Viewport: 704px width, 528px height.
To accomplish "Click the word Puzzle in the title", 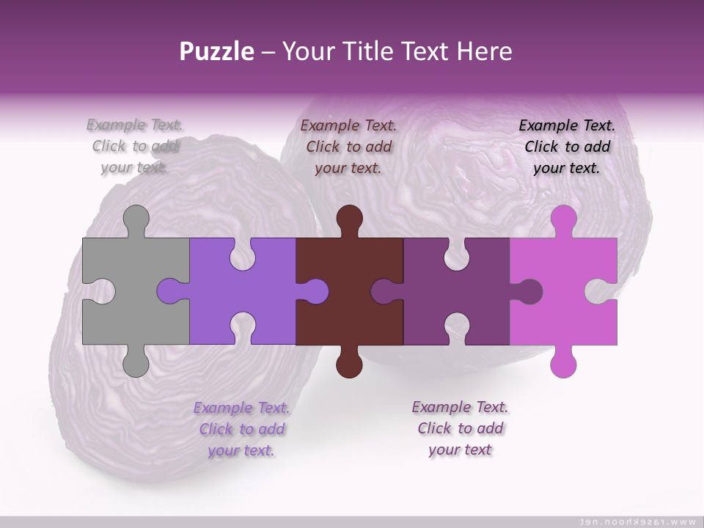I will click(217, 51).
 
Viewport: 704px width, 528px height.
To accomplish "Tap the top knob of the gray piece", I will click(136, 219).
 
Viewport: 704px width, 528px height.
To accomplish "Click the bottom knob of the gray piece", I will click(136, 362).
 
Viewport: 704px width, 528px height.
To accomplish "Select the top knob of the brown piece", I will click(350, 219).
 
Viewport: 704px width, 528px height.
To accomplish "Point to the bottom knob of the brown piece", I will click(350, 362).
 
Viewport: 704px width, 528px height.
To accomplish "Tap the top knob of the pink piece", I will click(563, 219).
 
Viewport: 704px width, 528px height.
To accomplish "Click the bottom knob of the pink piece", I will click(563, 362).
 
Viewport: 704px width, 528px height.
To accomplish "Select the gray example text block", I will click(135, 146).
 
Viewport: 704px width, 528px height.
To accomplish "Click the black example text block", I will click(567, 146).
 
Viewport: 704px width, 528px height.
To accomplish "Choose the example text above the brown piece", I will click(348, 146).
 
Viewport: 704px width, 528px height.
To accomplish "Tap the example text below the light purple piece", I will click(241, 428).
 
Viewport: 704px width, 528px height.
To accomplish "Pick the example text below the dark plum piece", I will click(460, 428).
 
